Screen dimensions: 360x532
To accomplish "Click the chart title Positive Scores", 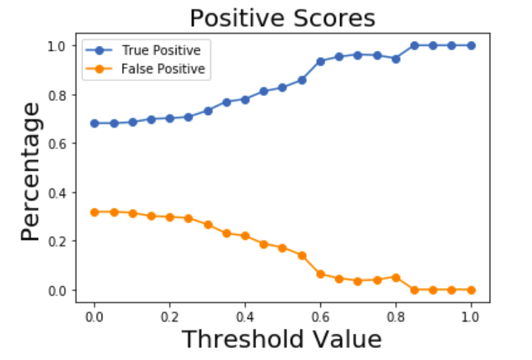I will click(x=282, y=18).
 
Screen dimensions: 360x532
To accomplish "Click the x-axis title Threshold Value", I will click(x=282, y=340).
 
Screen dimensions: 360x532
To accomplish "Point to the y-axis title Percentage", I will click(x=30, y=171).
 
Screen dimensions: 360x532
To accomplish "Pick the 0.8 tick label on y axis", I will click(x=58, y=95).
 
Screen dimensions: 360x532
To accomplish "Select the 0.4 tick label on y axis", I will click(x=58, y=193).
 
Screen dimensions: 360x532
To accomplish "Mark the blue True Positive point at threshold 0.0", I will click(x=95, y=123).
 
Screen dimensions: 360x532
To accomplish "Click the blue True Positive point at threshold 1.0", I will click(x=471, y=45).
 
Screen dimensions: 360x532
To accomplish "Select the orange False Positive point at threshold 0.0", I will click(x=95, y=212).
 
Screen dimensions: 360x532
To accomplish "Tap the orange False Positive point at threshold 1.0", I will click(x=471, y=290).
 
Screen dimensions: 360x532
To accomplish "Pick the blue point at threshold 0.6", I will click(x=320, y=61).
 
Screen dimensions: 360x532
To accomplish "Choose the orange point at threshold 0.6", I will click(x=320, y=274).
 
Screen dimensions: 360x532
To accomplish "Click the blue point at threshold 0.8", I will click(x=396, y=59).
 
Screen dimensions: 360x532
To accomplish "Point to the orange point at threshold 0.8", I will click(x=396, y=277).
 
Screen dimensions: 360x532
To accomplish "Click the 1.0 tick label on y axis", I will click(x=58, y=45).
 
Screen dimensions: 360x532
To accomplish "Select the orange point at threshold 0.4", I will click(x=245, y=236).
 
